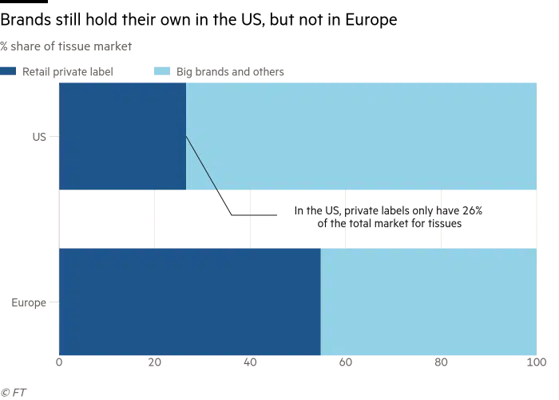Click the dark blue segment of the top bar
(x=121, y=136)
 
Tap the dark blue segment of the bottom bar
(x=189, y=302)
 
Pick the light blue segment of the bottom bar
(x=428, y=302)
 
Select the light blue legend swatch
(x=159, y=70)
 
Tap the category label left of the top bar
(x=42, y=137)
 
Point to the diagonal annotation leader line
(x=201, y=163)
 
